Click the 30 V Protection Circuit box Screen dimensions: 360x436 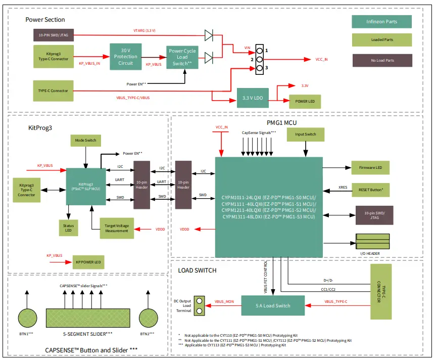click(x=125, y=57)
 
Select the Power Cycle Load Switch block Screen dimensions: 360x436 click(x=182, y=58)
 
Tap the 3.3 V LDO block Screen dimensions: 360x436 click(x=252, y=98)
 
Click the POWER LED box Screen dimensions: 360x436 click(x=305, y=102)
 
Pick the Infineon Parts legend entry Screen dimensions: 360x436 click(x=381, y=22)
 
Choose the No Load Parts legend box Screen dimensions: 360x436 click(x=381, y=60)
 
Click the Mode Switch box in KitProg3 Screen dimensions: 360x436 click(x=86, y=141)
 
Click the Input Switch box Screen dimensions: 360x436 click(x=305, y=134)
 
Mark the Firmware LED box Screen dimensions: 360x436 click(x=370, y=168)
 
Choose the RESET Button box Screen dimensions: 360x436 click(x=370, y=190)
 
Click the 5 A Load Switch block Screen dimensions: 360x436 click(x=273, y=305)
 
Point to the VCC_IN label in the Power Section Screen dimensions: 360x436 click(x=322, y=59)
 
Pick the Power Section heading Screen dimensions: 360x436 click(x=45, y=20)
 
